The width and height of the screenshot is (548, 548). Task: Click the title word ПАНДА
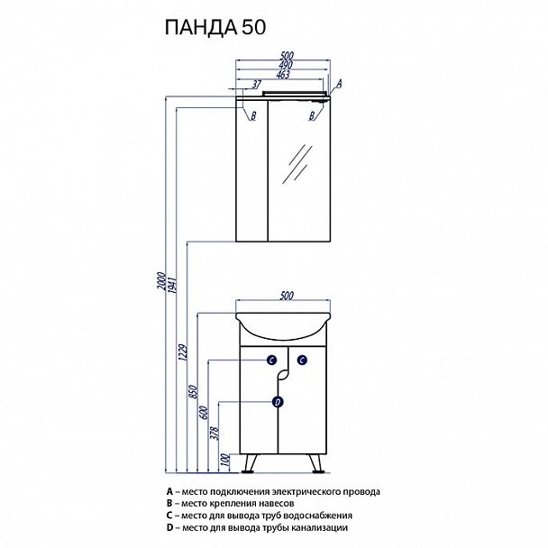click(199, 29)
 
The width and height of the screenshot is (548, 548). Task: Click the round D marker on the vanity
click(278, 402)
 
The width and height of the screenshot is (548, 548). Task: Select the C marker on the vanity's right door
click(302, 361)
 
